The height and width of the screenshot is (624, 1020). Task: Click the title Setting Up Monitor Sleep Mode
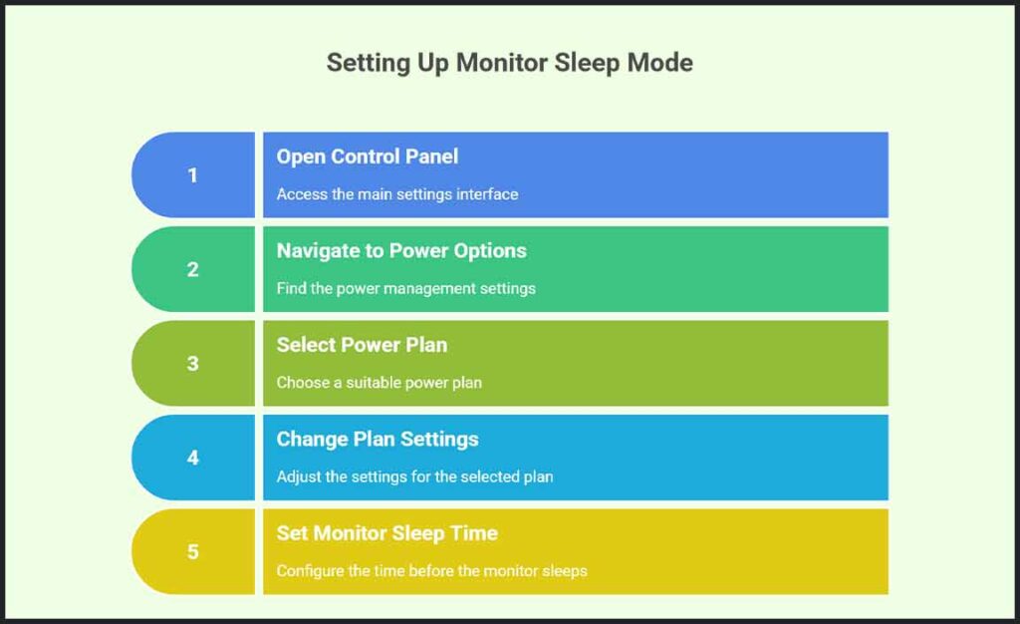(509, 63)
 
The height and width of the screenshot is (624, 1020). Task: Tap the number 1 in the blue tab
(192, 175)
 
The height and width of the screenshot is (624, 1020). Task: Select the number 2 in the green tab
(192, 269)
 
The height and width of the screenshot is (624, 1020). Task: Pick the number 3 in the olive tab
(192, 364)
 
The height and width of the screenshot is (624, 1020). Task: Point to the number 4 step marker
(192, 458)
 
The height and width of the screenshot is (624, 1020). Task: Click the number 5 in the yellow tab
(192, 552)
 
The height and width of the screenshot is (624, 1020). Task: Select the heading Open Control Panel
(367, 156)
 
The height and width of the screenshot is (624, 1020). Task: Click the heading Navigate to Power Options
(400, 250)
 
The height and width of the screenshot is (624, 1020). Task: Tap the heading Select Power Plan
(362, 345)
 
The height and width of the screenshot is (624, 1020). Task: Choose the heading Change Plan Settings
(377, 439)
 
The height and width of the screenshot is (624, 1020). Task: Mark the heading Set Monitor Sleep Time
(386, 533)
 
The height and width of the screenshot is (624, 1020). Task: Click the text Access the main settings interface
(396, 194)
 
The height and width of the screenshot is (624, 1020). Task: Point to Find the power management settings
(405, 288)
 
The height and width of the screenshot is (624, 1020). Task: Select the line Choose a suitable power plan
(379, 383)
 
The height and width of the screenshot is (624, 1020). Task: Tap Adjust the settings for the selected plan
(414, 476)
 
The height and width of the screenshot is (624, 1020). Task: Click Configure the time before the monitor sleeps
(431, 571)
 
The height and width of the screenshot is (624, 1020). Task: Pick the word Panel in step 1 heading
(430, 156)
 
